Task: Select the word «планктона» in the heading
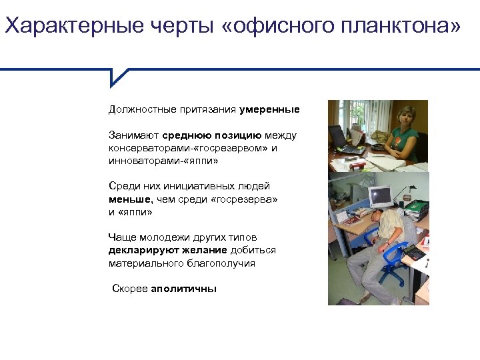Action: tap(401, 27)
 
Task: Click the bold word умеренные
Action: tap(270, 109)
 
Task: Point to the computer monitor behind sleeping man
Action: tap(379, 196)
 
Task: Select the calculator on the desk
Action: tap(415, 251)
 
